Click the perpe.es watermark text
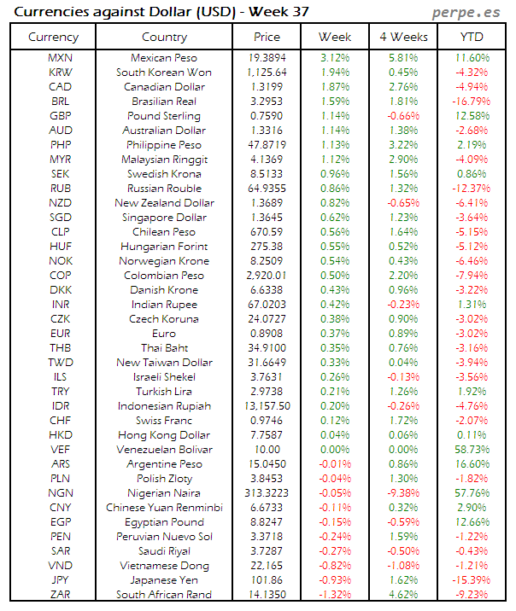click(x=467, y=13)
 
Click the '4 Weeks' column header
click(x=402, y=37)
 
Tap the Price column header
click(x=267, y=37)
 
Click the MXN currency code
click(x=61, y=57)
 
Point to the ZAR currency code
click(x=61, y=595)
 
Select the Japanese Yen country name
click(x=165, y=580)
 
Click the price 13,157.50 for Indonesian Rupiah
click(x=267, y=406)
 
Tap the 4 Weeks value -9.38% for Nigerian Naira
click(x=402, y=493)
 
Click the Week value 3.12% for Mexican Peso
click(x=334, y=57)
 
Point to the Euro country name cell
click(x=165, y=334)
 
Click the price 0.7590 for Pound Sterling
click(x=267, y=115)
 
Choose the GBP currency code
click(x=61, y=115)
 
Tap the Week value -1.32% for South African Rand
click(x=334, y=595)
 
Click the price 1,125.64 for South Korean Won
click(x=267, y=72)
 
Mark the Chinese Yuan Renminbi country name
click(x=165, y=508)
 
